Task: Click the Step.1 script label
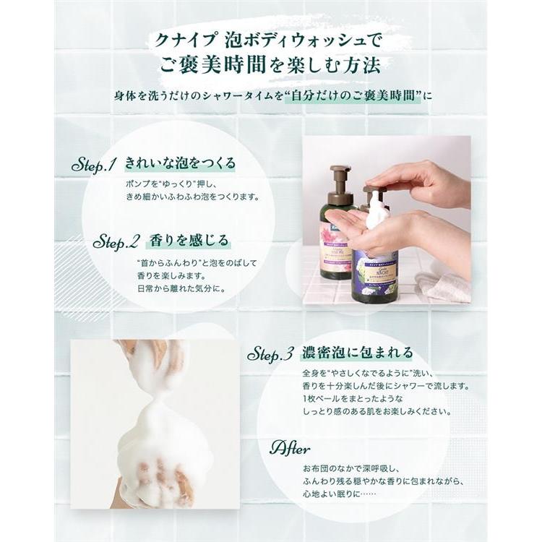95,165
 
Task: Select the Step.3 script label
270,354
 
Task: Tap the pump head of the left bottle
340,176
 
